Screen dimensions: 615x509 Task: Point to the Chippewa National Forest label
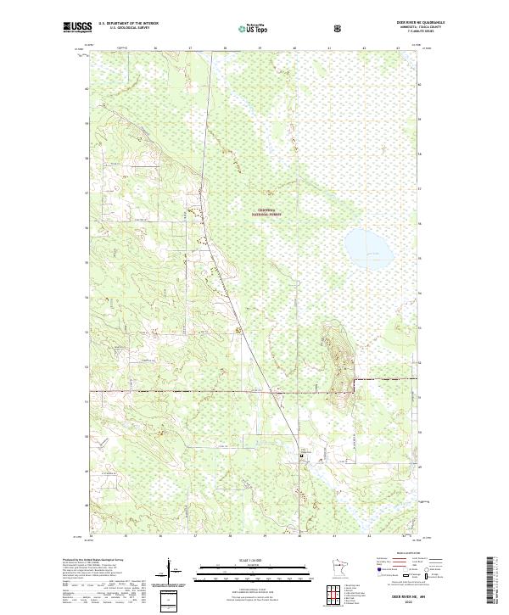point(267,214)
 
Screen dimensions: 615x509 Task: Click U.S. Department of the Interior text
point(128,24)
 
